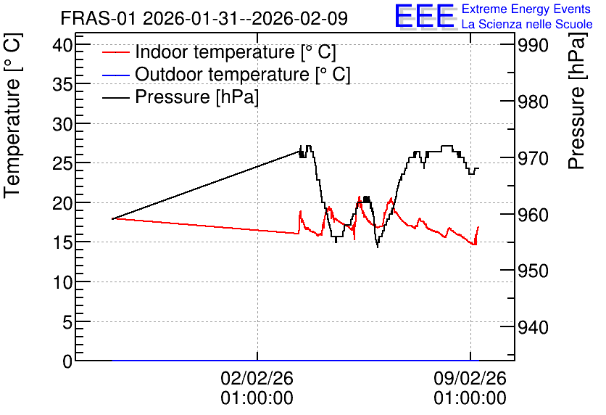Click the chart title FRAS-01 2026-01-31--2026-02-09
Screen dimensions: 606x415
(204, 18)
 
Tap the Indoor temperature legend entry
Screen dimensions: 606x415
(219, 52)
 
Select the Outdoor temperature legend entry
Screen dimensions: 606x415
(226, 74)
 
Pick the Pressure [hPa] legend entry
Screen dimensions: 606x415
(180, 96)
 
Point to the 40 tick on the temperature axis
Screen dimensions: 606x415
(62, 46)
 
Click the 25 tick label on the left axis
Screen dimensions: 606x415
(62, 164)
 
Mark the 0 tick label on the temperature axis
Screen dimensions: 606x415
(67, 361)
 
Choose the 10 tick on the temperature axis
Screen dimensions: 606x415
(62, 282)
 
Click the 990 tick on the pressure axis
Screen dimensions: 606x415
(533, 46)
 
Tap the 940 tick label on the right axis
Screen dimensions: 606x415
(533, 328)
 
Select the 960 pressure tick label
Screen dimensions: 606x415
(533, 215)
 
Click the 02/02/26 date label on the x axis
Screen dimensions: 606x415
(257, 378)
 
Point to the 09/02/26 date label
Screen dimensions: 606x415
(470, 378)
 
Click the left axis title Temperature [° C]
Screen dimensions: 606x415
(12, 116)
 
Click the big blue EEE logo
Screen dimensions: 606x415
(425, 16)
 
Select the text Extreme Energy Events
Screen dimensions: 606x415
(526, 9)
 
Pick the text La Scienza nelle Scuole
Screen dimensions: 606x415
(527, 24)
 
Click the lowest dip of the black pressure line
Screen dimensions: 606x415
(378, 247)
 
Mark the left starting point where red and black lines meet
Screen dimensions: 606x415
(112, 219)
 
